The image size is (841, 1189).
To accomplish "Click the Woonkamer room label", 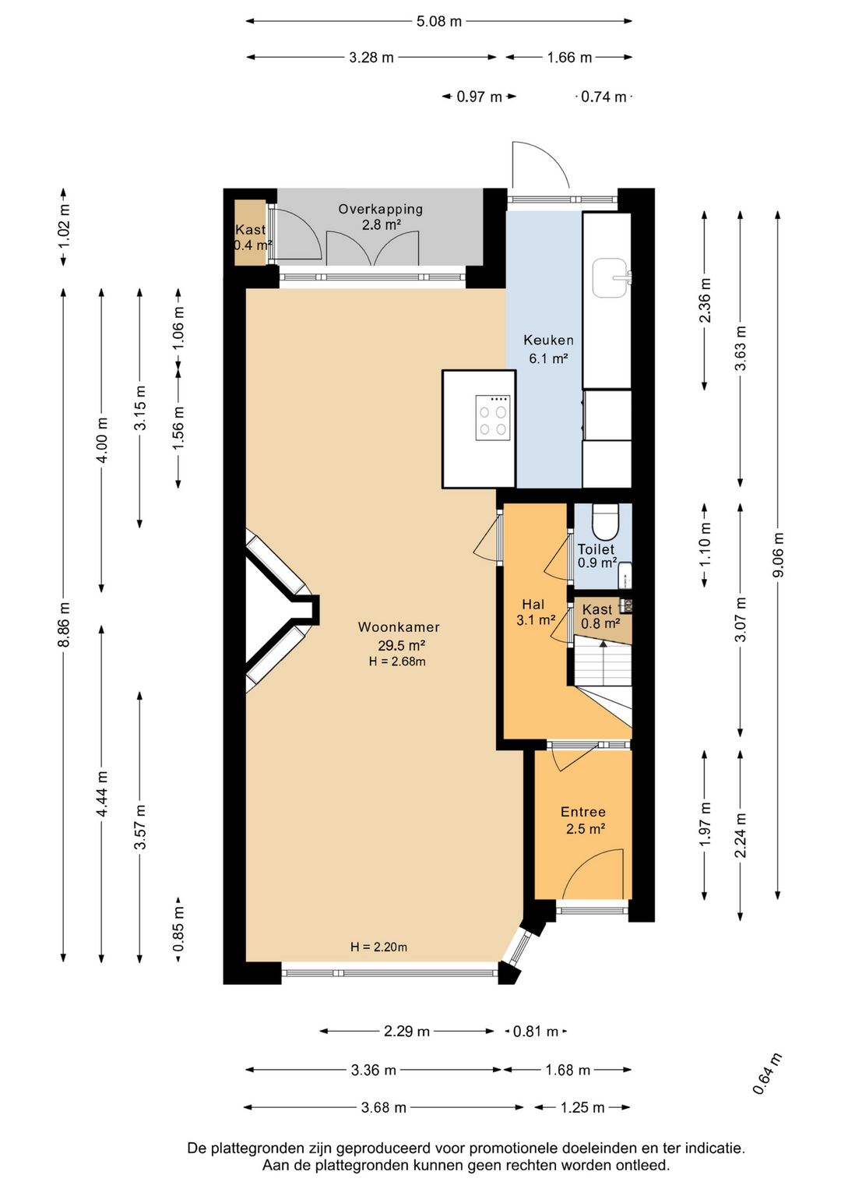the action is tap(399, 627).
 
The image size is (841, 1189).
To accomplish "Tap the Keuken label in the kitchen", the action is tap(548, 340).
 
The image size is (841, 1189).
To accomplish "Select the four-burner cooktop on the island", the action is tap(494, 418).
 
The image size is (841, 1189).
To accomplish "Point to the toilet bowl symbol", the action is tap(605, 521).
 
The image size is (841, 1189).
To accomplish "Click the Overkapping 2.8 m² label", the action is tap(381, 217).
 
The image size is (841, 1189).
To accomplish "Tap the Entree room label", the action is tap(583, 812).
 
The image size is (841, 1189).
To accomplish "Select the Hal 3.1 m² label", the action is tap(536, 612).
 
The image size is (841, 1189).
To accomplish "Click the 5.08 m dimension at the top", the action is tap(439, 21).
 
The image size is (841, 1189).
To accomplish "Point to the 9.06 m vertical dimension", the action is tap(778, 556).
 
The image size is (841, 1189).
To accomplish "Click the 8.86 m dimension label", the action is tap(63, 625).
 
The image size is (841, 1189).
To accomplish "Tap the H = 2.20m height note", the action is tap(379, 947).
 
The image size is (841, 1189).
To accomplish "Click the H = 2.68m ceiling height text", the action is tap(397, 662).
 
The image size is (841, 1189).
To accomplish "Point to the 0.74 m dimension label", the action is tap(603, 97).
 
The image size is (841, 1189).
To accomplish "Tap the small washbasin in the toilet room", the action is tap(625, 575).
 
